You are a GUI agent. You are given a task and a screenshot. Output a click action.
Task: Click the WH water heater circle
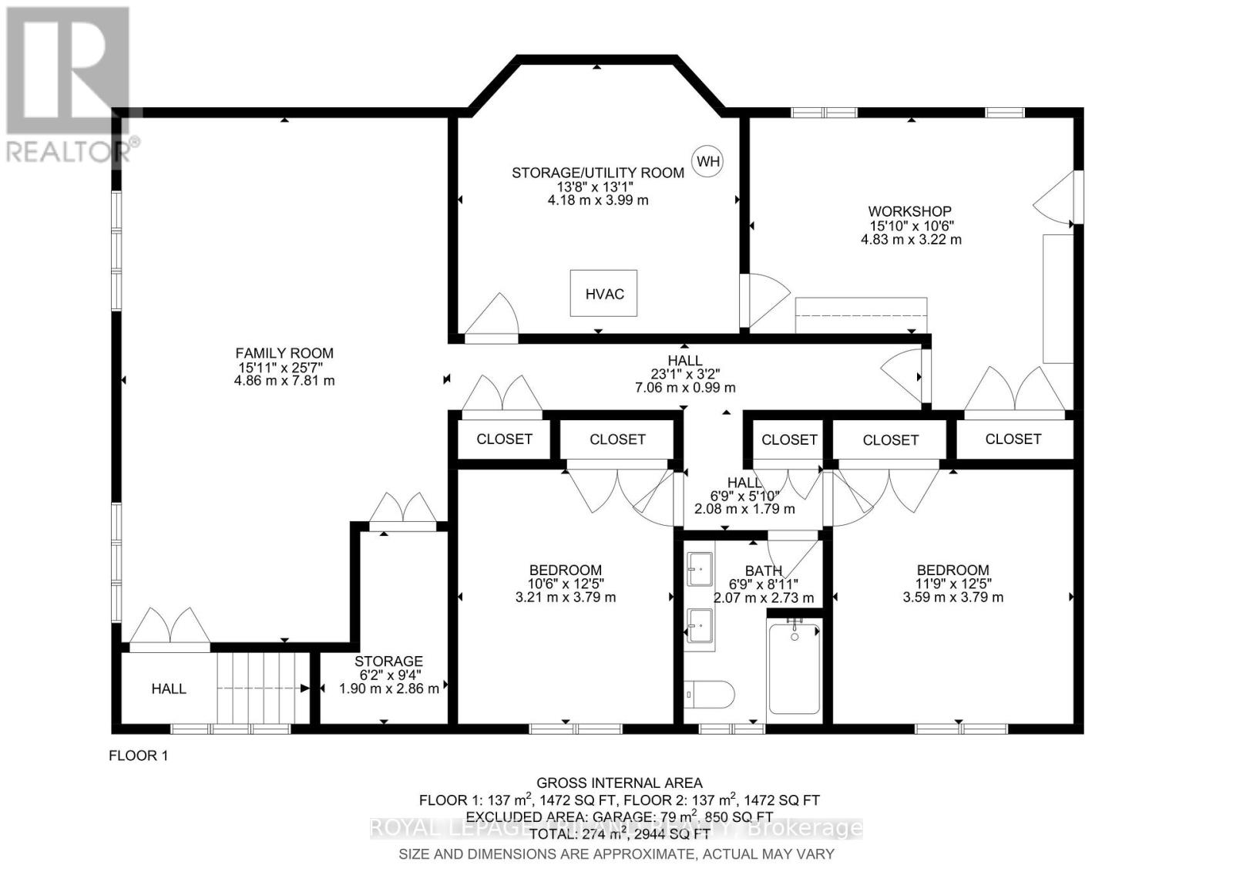click(x=708, y=161)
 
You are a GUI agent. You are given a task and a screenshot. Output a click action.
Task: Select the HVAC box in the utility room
click(x=604, y=293)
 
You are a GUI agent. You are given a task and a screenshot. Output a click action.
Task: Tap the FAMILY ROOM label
click(x=284, y=353)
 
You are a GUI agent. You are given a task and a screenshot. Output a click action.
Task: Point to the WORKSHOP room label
click(x=909, y=211)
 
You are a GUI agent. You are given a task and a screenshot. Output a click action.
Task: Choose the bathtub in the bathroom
click(x=795, y=667)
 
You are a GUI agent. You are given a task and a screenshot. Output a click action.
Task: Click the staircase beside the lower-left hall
click(x=262, y=688)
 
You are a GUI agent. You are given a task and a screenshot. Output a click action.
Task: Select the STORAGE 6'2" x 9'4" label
click(x=388, y=662)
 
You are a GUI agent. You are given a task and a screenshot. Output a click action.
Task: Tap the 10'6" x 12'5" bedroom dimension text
click(x=566, y=584)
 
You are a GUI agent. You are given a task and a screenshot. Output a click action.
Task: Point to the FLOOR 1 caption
click(x=139, y=756)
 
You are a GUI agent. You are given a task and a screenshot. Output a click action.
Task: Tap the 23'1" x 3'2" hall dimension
click(x=684, y=374)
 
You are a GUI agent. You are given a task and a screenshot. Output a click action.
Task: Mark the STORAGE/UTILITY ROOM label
click(x=598, y=173)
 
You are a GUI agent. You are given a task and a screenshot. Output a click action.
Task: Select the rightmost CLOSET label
click(x=1013, y=439)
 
